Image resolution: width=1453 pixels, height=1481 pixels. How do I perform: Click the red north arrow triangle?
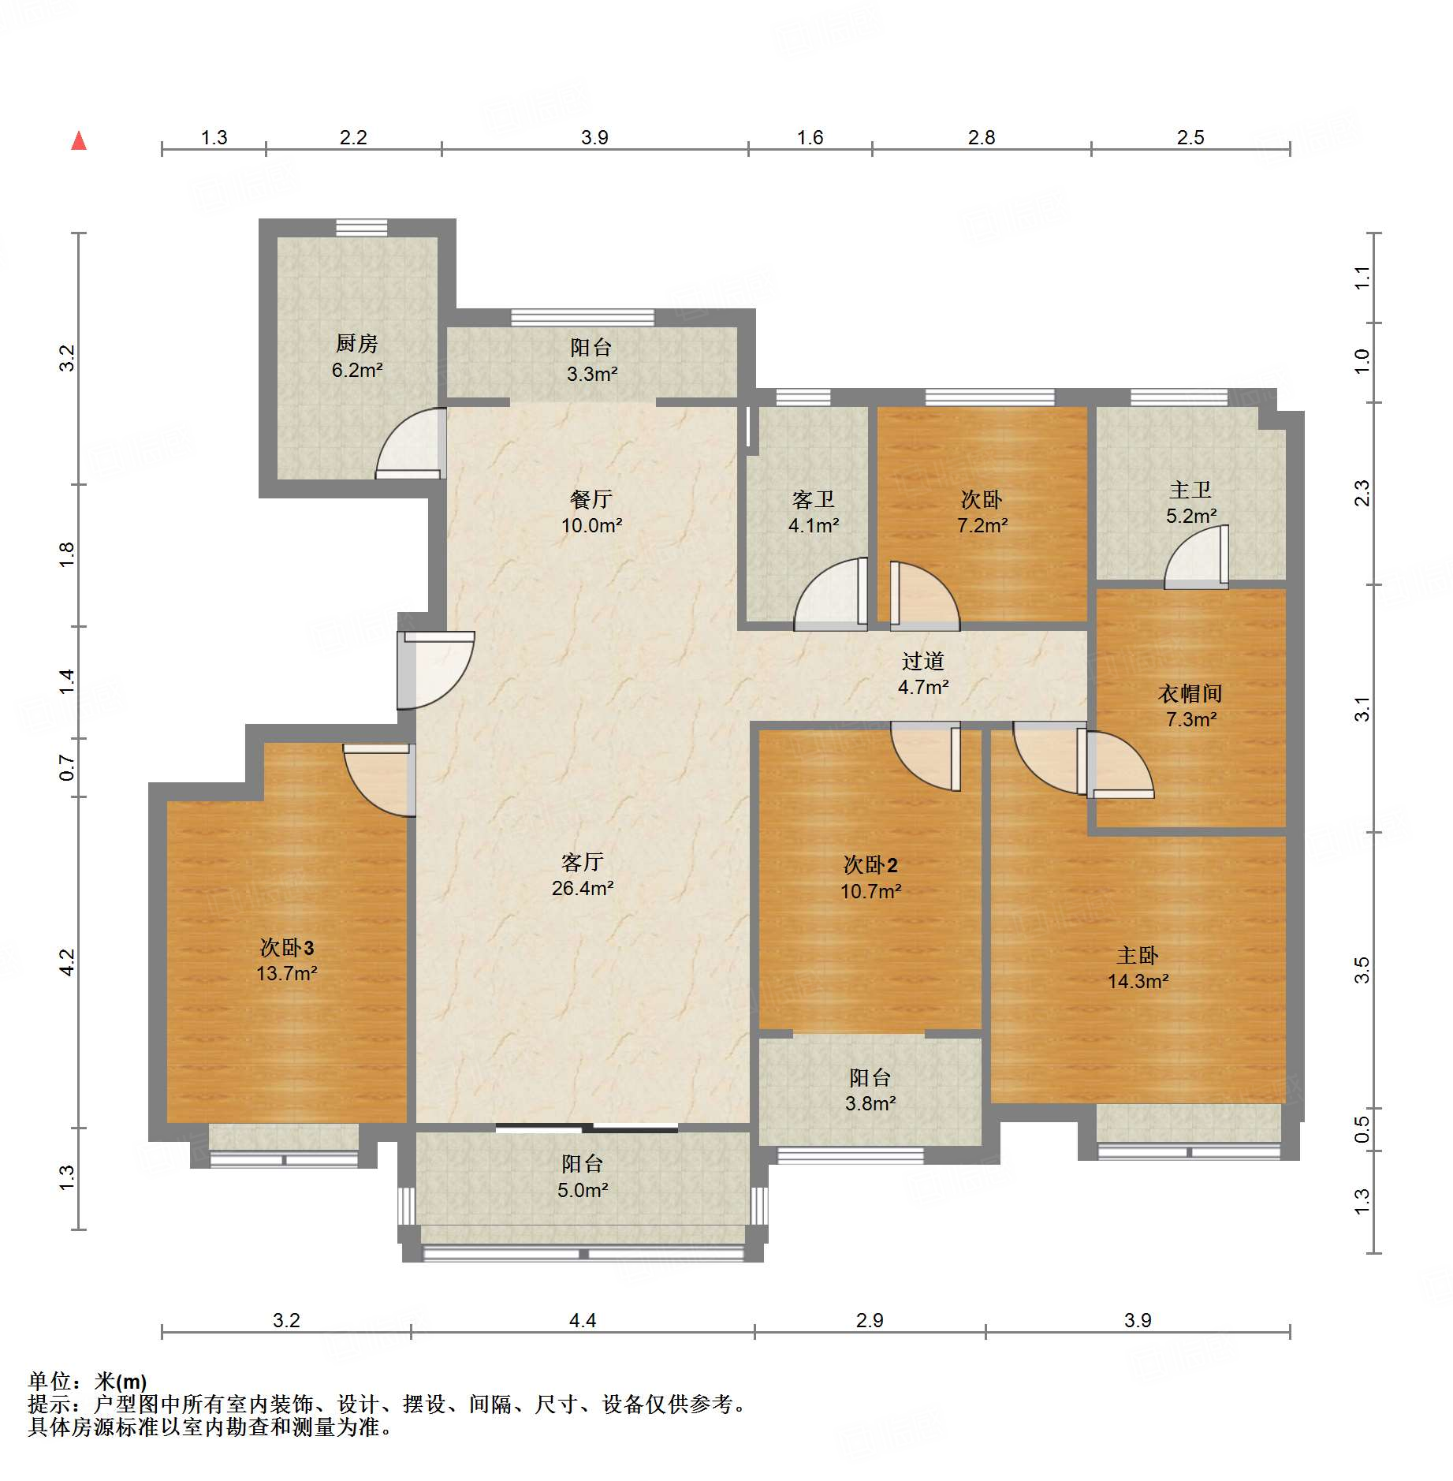pos(79,141)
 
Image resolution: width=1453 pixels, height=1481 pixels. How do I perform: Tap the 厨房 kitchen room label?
pos(356,344)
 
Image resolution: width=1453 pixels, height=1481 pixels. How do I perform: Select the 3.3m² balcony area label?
pos(591,374)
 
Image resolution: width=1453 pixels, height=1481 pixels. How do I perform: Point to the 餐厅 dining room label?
pos(591,499)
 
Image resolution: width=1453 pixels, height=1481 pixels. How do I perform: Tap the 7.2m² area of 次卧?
pos(982,525)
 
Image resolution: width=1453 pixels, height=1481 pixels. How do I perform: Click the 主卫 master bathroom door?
pos(1197,558)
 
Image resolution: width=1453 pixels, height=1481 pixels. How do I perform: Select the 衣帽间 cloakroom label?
pos(1190,694)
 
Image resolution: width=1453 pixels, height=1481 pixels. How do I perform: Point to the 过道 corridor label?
pos(922,661)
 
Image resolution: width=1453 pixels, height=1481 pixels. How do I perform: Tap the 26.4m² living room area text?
pos(583,888)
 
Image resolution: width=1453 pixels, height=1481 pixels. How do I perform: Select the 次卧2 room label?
pos(870,865)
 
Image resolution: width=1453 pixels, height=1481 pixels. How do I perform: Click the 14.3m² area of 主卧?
pos(1138,981)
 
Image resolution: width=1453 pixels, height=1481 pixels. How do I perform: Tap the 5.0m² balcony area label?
pos(583,1190)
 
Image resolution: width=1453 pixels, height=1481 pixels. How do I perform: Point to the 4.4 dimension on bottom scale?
pos(583,1320)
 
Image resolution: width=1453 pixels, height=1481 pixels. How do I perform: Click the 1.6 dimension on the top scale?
pos(810,138)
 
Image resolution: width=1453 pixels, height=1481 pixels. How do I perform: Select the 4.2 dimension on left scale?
pos(67,962)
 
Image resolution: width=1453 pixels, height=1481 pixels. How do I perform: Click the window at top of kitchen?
pos(361,228)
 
